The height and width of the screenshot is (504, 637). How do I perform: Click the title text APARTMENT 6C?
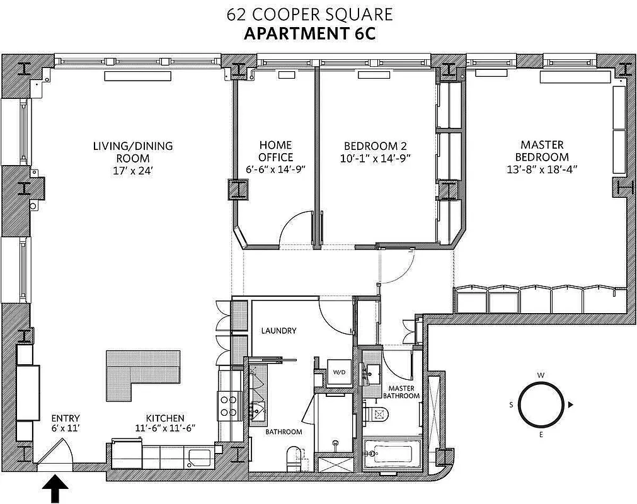click(x=309, y=33)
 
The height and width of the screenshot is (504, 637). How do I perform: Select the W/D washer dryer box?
click(x=339, y=372)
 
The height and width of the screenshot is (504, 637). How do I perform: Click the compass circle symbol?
click(x=540, y=405)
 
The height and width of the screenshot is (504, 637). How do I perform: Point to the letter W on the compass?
click(x=541, y=375)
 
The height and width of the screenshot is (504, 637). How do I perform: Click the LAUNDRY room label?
click(x=278, y=331)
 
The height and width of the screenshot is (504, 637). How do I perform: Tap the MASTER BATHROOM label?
click(x=404, y=392)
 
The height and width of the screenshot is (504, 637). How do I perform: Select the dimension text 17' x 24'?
click(x=132, y=169)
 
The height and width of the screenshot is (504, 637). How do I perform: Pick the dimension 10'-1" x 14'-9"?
click(x=377, y=157)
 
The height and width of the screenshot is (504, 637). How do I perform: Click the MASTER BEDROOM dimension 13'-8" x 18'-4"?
click(x=542, y=168)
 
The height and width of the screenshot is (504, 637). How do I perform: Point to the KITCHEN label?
click(x=165, y=418)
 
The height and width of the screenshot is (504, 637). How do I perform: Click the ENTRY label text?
click(x=66, y=418)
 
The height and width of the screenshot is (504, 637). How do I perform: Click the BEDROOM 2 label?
click(x=377, y=146)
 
